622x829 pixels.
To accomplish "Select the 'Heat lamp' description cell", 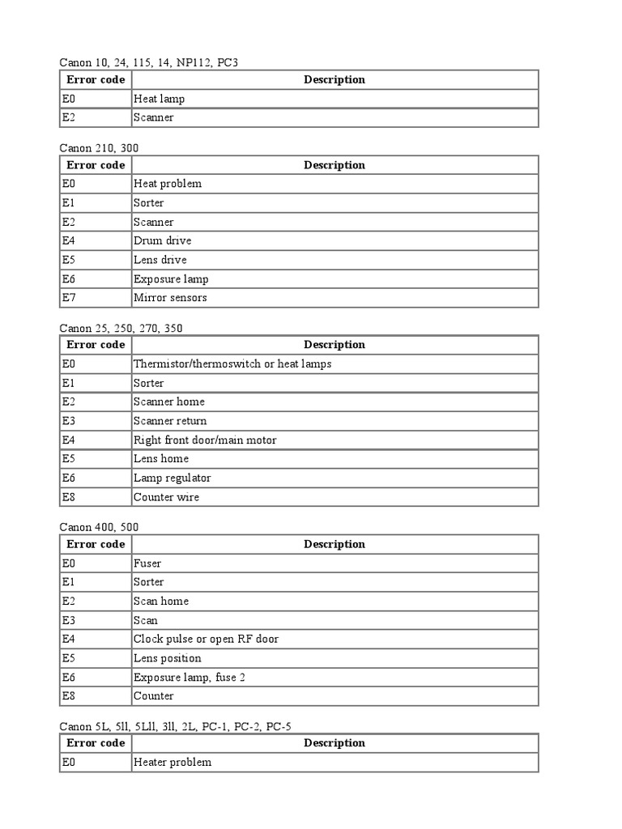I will point(160,99).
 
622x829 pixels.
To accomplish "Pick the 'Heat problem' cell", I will point(168,184).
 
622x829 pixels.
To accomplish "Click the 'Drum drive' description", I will point(163,240).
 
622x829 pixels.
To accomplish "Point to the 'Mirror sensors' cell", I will point(170,297).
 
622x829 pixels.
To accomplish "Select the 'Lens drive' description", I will point(160,260).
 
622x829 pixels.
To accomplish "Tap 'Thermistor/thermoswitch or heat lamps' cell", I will point(232,364).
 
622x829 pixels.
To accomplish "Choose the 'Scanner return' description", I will point(170,421).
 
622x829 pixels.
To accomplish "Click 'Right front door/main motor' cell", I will point(205,440).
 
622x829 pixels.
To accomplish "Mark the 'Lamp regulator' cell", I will point(173,478).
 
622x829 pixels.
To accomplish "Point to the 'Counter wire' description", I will point(166,497).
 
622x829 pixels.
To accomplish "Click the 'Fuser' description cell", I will point(147,563).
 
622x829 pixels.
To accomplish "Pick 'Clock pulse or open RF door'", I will point(206,639).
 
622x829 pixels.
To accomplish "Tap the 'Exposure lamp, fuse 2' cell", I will point(190,677).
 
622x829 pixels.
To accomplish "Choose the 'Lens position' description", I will point(168,658).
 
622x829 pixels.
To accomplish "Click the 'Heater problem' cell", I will point(173,762).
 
